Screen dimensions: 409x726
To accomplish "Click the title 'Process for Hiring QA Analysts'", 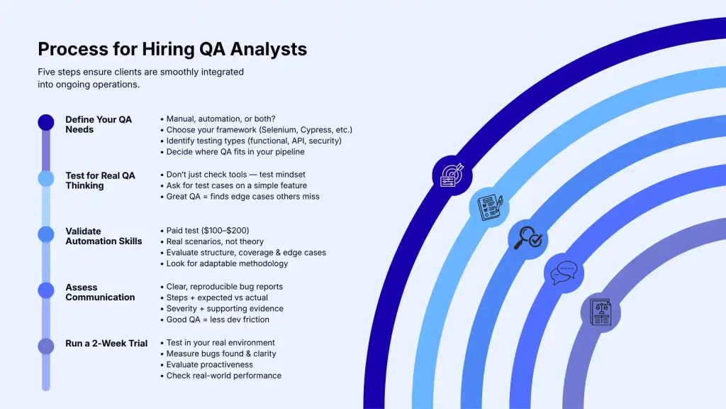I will coord(172,49).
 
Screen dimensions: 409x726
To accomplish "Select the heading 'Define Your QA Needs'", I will coord(99,124).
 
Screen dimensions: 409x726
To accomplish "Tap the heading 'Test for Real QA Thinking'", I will coord(100,180).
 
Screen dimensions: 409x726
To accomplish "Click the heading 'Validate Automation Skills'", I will coord(104,236).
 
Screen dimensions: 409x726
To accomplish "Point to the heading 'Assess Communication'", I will coord(100,292).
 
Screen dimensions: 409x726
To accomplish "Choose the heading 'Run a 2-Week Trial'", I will coord(106,344).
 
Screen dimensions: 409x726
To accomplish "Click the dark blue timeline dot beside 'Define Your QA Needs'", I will coord(46,123).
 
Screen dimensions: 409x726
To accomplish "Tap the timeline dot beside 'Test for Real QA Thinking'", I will coord(46,178).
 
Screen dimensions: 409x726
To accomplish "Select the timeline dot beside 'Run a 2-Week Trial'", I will coord(46,346).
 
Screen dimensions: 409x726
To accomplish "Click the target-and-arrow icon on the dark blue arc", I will coord(452,175).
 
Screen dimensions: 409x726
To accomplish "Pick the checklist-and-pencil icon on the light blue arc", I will coord(490,207).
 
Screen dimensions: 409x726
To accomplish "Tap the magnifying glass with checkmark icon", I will coord(528,239).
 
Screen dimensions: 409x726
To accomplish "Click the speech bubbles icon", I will coord(564,272).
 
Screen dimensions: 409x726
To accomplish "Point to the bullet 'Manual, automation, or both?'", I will coord(220,119).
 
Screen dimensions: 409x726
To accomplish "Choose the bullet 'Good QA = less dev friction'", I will coord(218,320).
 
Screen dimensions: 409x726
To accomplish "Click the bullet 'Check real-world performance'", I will coord(223,376).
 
